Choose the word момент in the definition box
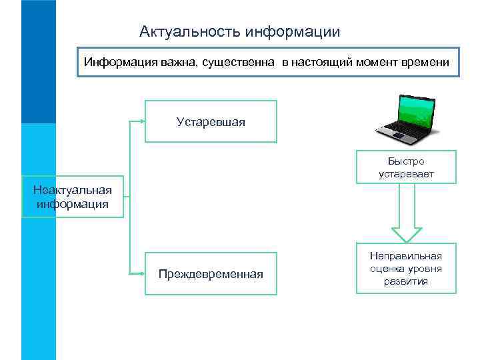click(x=376, y=62)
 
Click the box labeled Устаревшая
click(x=211, y=121)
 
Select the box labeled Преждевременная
click(x=211, y=274)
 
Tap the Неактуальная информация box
click(x=73, y=197)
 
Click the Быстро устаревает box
click(x=406, y=167)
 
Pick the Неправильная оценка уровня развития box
click(x=406, y=268)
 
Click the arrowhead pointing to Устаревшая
click(x=141, y=121)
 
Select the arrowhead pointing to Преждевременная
click(x=141, y=274)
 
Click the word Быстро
click(x=406, y=161)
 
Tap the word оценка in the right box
click(x=386, y=268)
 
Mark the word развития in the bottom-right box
click(x=406, y=281)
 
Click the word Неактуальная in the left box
click(x=73, y=191)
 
